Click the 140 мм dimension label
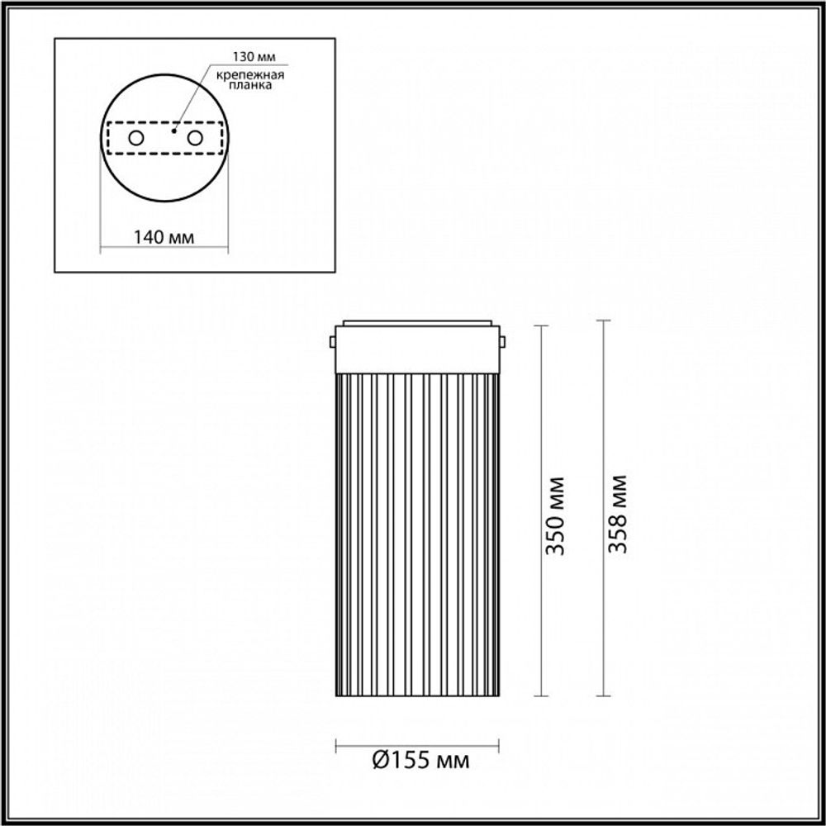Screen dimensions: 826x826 (x=164, y=238)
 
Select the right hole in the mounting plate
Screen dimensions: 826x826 (x=196, y=138)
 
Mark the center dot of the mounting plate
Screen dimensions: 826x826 (x=173, y=130)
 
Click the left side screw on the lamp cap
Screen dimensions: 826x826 (x=331, y=340)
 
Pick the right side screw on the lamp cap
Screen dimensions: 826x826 (x=502, y=340)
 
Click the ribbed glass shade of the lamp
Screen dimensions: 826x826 (x=416, y=537)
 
